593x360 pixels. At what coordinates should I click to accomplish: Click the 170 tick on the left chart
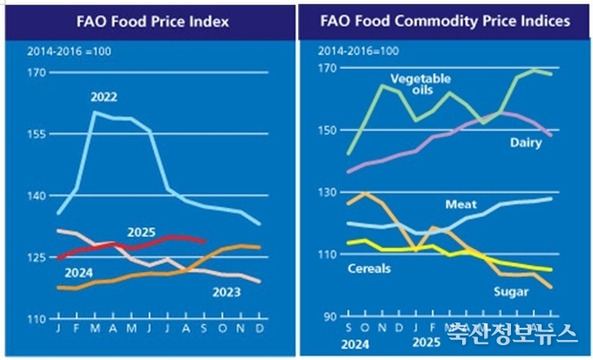coord(36,72)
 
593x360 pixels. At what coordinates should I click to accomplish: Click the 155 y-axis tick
coord(36,134)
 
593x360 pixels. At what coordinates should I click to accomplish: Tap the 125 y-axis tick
coord(36,258)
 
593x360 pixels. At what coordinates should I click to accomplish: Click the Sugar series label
coord(511,292)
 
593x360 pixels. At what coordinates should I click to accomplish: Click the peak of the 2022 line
coord(93,112)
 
